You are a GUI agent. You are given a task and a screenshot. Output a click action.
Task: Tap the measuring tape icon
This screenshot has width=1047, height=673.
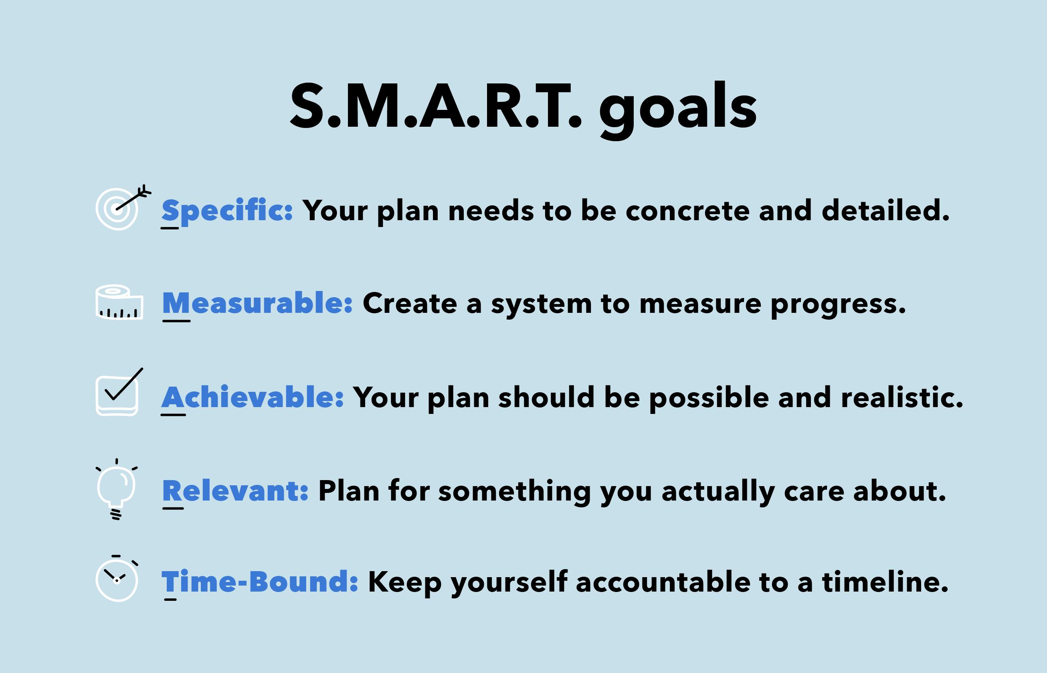tap(119, 302)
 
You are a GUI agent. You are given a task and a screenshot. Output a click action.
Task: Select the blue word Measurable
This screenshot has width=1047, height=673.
tap(257, 303)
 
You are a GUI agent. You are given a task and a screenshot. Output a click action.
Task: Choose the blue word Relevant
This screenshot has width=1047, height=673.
tap(235, 491)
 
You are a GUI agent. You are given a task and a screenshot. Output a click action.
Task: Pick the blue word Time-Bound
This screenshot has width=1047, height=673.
tap(259, 582)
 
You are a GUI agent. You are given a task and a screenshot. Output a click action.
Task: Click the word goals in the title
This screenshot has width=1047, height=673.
tap(677, 108)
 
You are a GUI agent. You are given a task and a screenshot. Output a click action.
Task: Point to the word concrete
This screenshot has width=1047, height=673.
tap(688, 211)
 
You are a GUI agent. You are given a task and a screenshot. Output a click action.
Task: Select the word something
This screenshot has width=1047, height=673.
tap(514, 491)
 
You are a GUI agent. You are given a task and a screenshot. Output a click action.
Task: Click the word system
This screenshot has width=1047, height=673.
tap(541, 304)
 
